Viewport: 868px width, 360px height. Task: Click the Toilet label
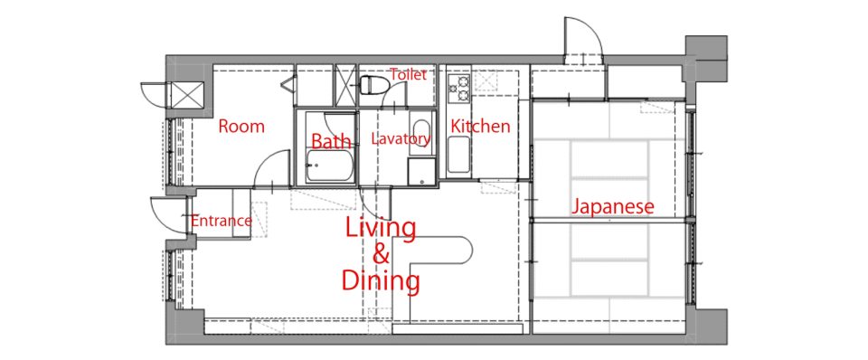[408, 74]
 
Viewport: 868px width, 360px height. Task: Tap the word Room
[241, 127]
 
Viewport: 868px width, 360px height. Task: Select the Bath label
[331, 141]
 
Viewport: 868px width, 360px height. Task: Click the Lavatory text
[401, 139]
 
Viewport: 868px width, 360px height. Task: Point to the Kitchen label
[480, 127]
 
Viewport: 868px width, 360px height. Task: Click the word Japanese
[613, 207]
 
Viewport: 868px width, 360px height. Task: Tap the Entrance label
[221, 222]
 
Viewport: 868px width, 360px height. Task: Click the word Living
[381, 229]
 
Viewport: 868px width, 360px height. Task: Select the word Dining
[381, 280]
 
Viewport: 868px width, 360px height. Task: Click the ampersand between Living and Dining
[381, 255]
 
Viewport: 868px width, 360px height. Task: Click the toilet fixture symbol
[372, 85]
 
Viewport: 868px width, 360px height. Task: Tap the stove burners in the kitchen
[459, 89]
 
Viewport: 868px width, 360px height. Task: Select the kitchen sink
[458, 155]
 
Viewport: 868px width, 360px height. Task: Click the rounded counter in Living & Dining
[432, 251]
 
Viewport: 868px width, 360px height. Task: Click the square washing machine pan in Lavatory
[422, 172]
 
